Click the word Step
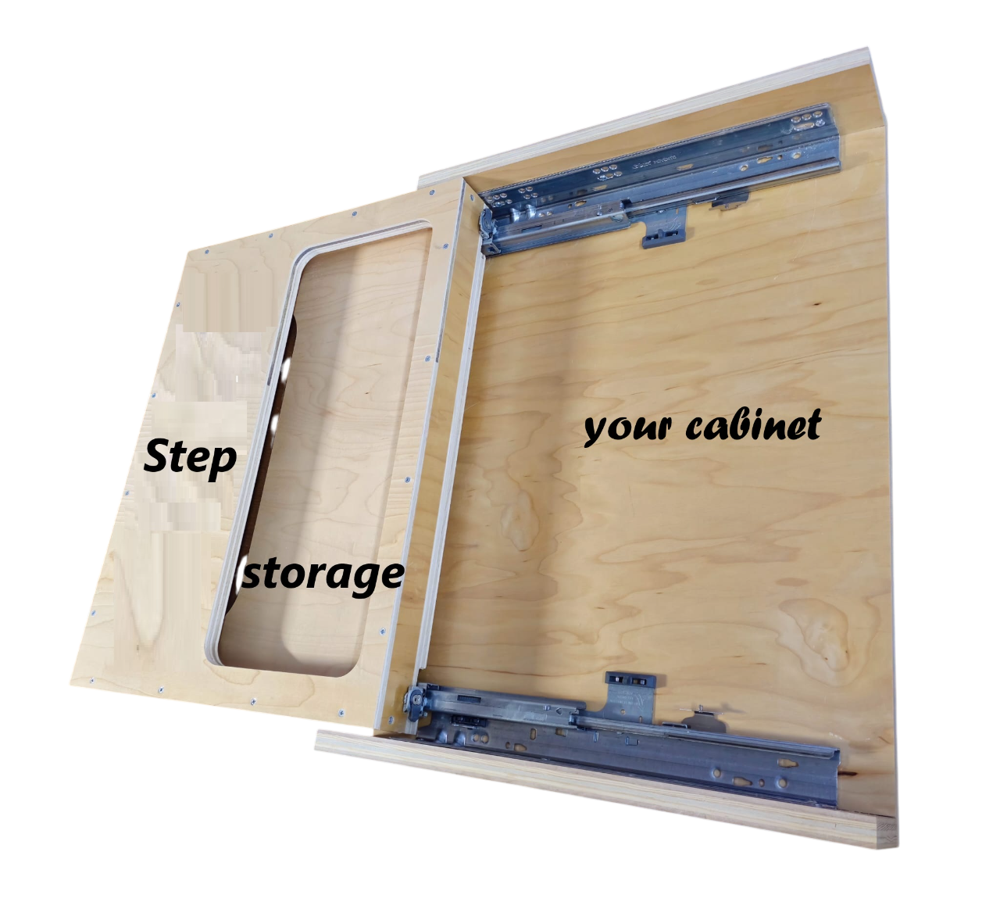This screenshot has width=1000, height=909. pyautogui.click(x=190, y=459)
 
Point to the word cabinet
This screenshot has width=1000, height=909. pyautogui.click(x=753, y=425)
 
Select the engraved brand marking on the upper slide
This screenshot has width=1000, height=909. pyautogui.click(x=654, y=161)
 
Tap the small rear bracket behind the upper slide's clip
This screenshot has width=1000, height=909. pyautogui.click(x=730, y=201)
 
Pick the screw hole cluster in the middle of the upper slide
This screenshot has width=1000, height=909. pyautogui.click(x=606, y=173)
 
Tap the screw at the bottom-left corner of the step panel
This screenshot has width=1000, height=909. pyautogui.click(x=91, y=679)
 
